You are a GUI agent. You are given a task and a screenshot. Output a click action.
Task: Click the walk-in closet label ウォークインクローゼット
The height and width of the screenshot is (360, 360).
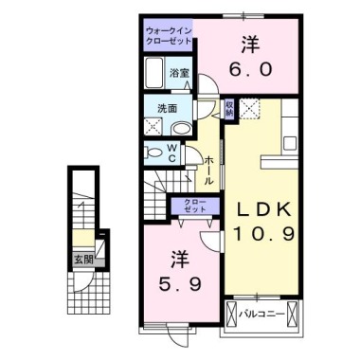point(168,36)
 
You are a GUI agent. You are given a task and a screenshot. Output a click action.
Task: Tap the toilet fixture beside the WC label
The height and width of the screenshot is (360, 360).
point(154,153)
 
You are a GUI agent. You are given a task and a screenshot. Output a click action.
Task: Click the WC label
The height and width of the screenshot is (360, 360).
point(173,153)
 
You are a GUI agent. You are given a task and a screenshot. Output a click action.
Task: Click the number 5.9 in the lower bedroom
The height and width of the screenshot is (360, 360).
point(177,284)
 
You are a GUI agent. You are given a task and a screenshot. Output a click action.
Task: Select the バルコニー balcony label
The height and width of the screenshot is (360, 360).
point(258,312)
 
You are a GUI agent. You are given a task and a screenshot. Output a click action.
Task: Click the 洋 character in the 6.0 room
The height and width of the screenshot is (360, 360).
point(250,44)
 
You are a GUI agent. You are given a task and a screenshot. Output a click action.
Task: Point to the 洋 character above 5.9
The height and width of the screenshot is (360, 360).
point(177,258)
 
